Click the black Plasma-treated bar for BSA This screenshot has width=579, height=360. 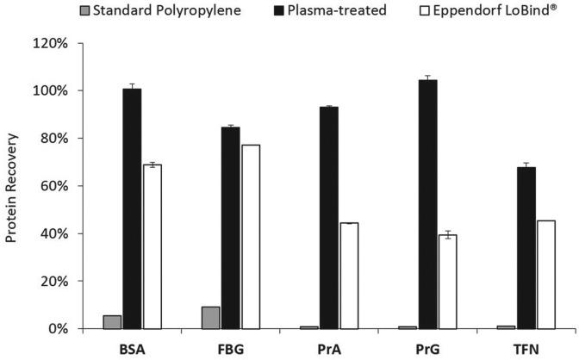click(x=132, y=208)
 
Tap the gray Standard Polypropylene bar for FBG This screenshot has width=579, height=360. click(x=209, y=318)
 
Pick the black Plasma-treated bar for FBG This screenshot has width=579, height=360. click(x=230, y=227)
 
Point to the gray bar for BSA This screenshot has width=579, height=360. click(x=112, y=322)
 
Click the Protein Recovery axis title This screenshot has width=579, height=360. click(x=12, y=185)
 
